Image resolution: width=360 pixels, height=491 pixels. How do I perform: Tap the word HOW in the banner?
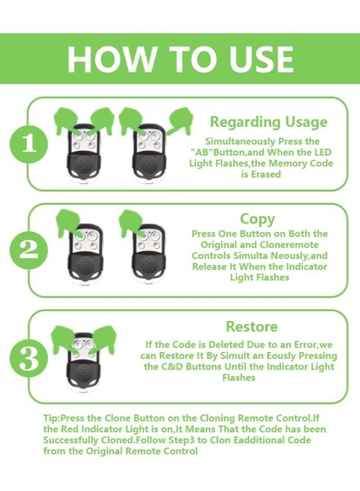pos(112,59)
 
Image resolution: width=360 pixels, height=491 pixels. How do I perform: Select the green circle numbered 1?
pos(29,144)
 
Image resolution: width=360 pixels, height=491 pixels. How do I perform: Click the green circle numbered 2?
pos(29,250)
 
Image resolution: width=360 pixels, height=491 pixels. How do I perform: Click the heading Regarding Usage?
pos(269,122)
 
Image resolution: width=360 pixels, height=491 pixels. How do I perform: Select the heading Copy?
pos(257,219)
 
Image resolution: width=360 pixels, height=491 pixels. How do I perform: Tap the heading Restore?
pos(252,326)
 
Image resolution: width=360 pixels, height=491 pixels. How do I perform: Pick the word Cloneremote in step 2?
pos(289,245)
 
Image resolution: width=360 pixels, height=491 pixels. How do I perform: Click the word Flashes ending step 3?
pos(239,378)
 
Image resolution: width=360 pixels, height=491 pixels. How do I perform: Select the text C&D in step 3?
pos(172,367)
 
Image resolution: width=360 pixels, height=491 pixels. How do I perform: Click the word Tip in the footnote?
pos(50,418)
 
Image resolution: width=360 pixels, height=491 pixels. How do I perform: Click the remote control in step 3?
pos(84,362)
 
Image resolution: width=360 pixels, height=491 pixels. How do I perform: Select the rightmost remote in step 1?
pos(149,153)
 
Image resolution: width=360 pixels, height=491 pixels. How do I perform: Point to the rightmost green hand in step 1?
pos(179,120)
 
